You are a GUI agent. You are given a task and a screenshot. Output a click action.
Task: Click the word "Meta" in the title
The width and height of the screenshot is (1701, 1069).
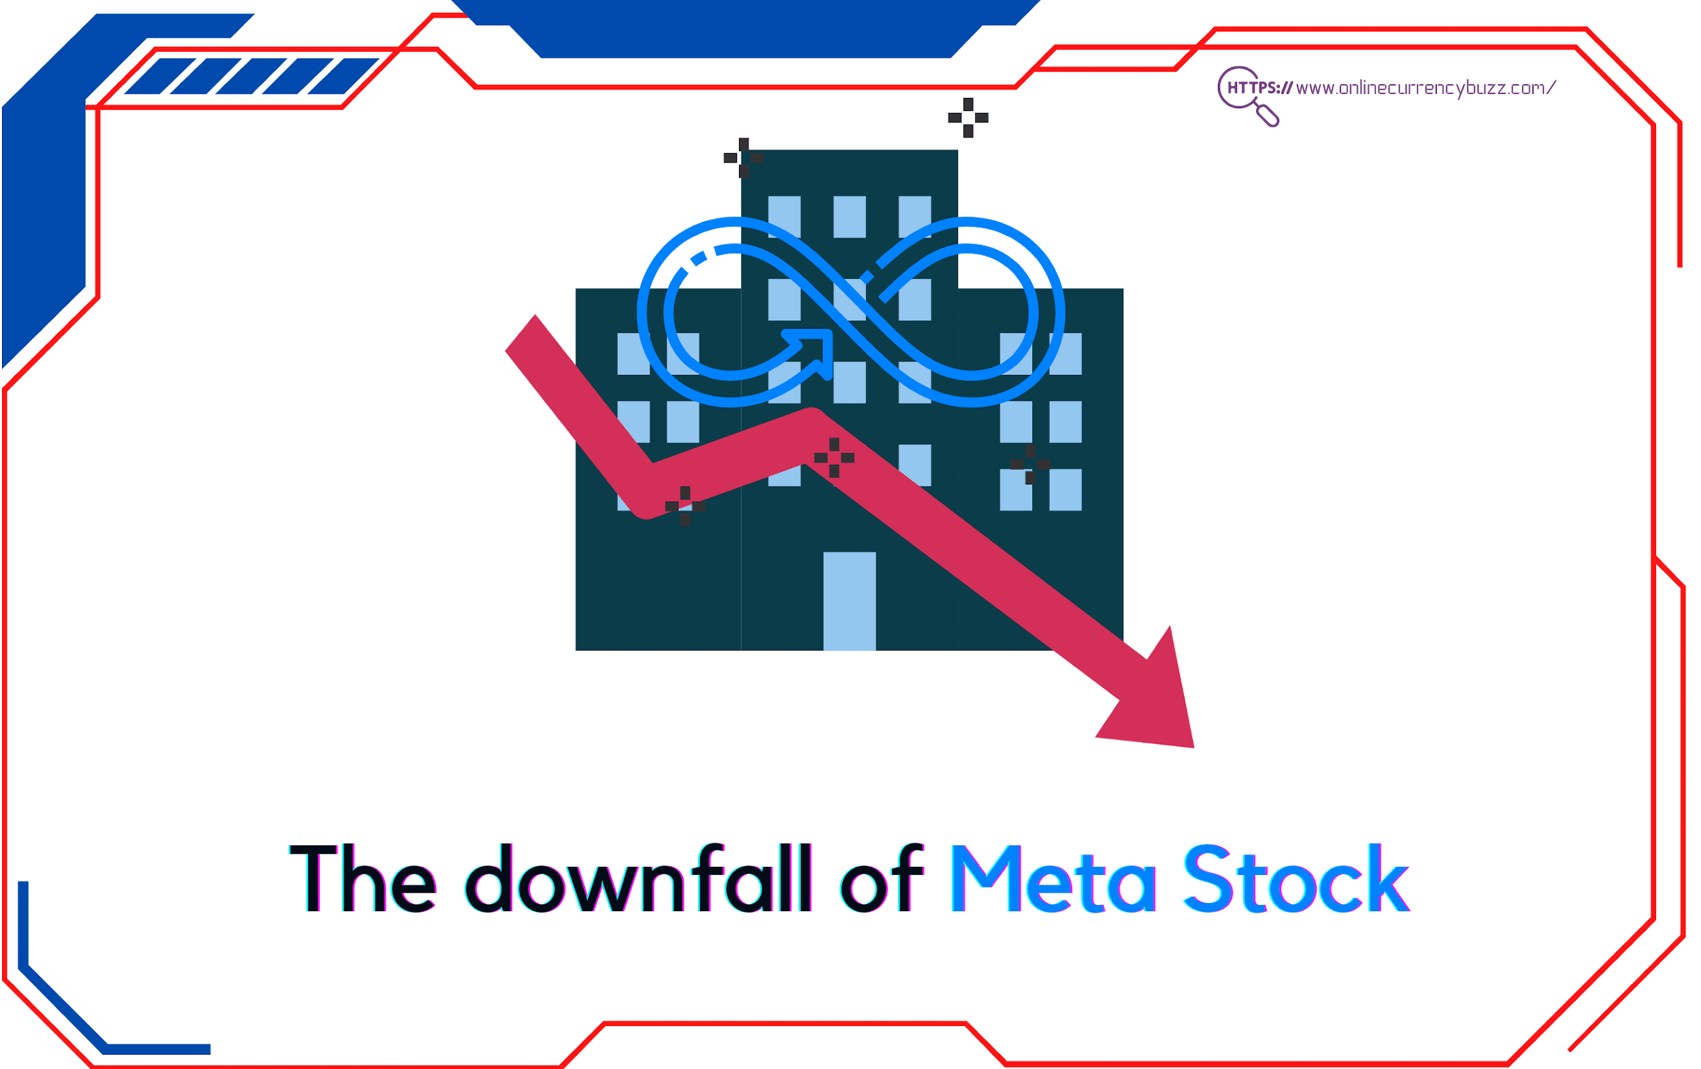tap(1053, 878)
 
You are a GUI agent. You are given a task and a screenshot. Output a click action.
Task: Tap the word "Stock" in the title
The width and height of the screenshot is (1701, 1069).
tap(1296, 878)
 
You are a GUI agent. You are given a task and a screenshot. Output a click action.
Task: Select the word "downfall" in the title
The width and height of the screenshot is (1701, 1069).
tap(639, 878)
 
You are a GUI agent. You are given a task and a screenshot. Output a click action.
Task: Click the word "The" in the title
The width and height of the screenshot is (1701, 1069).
tap(363, 878)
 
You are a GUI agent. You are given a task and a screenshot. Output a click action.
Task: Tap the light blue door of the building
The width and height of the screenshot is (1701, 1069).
tap(849, 602)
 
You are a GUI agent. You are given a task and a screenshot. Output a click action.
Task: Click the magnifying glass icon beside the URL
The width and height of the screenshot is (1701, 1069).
tap(1247, 96)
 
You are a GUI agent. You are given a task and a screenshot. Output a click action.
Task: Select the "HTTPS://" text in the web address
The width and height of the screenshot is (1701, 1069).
tap(1259, 88)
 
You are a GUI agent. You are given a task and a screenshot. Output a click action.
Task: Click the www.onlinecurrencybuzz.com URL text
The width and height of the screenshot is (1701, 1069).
tap(1425, 88)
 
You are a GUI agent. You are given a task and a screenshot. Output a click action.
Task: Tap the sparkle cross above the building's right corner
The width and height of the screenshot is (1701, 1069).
tap(968, 117)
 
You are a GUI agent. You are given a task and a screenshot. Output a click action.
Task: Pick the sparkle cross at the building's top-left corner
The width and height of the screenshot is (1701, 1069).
tap(743, 158)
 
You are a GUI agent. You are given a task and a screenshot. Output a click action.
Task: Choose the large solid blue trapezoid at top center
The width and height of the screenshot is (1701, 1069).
tap(745, 29)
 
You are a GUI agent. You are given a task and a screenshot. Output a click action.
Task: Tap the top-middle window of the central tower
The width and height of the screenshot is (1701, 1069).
tap(849, 216)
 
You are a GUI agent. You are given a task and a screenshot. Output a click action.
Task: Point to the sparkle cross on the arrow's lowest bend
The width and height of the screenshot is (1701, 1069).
tap(684, 506)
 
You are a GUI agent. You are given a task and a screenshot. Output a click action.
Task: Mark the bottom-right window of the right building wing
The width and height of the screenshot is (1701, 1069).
tap(1066, 490)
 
